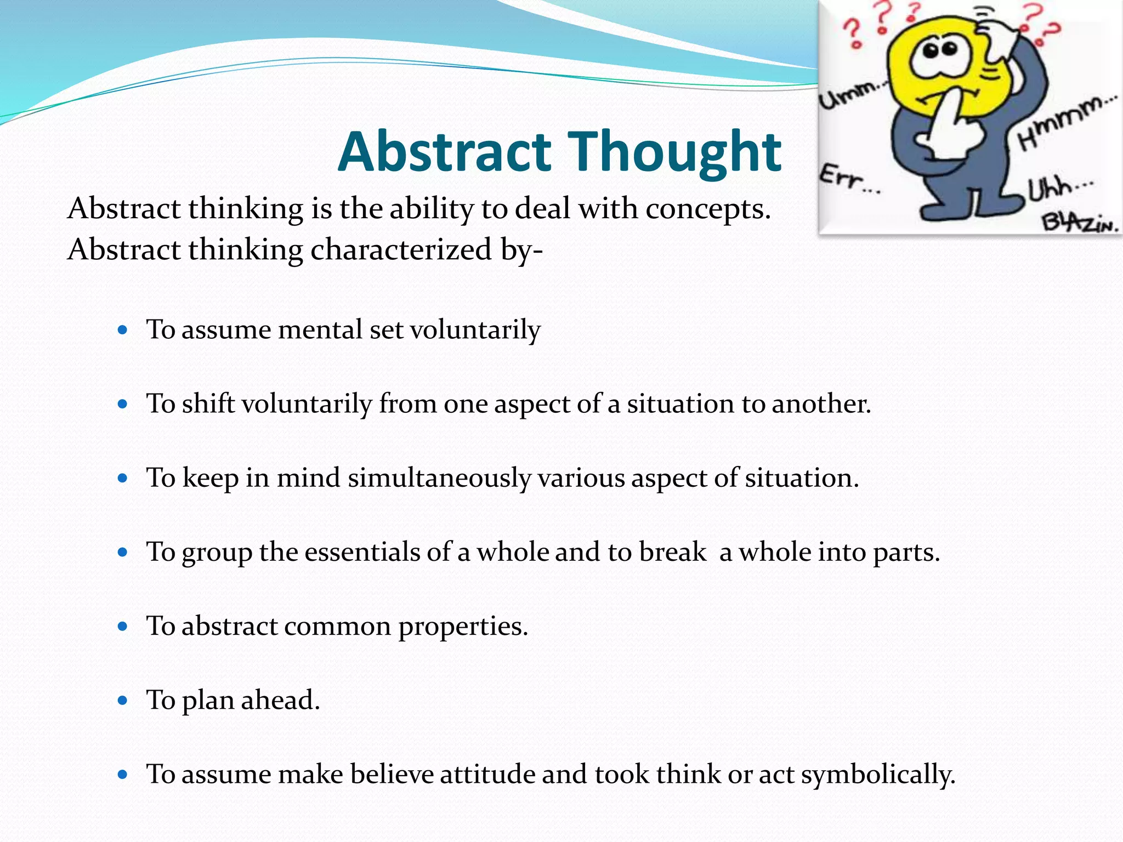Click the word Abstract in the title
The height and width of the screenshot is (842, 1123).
[x=444, y=152]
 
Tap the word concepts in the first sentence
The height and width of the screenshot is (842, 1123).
[x=707, y=209]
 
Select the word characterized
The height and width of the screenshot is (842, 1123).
[x=401, y=250]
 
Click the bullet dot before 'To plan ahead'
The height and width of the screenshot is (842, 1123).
[x=123, y=700]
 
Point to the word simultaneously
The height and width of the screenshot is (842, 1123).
[x=439, y=478]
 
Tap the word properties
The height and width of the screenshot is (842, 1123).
[x=463, y=626]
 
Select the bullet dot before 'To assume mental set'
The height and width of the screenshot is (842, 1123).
[x=123, y=330]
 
